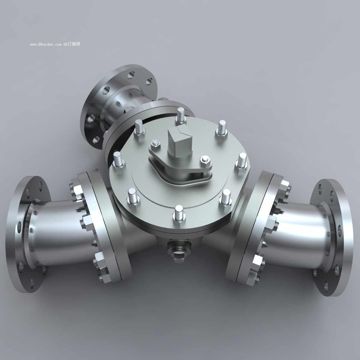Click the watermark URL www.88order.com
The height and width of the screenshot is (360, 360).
[x=46, y=44]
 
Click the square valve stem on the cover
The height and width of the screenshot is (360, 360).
[x=179, y=142]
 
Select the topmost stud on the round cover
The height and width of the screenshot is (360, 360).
[x=181, y=116]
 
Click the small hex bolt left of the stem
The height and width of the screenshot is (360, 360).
[x=155, y=144]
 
